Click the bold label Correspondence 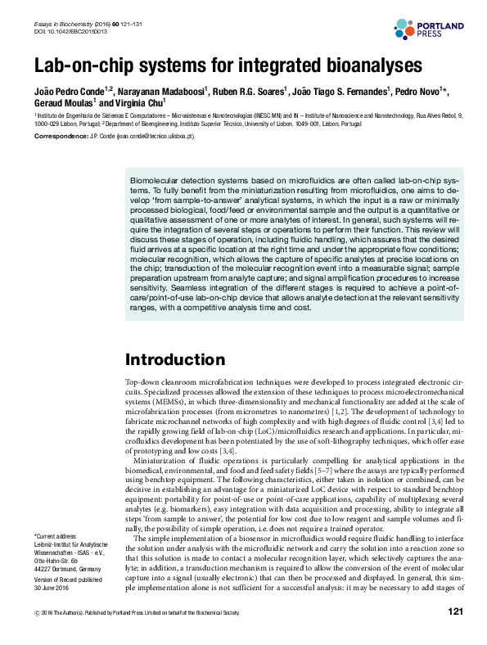[x=58, y=138]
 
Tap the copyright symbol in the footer [x=35, y=635]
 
